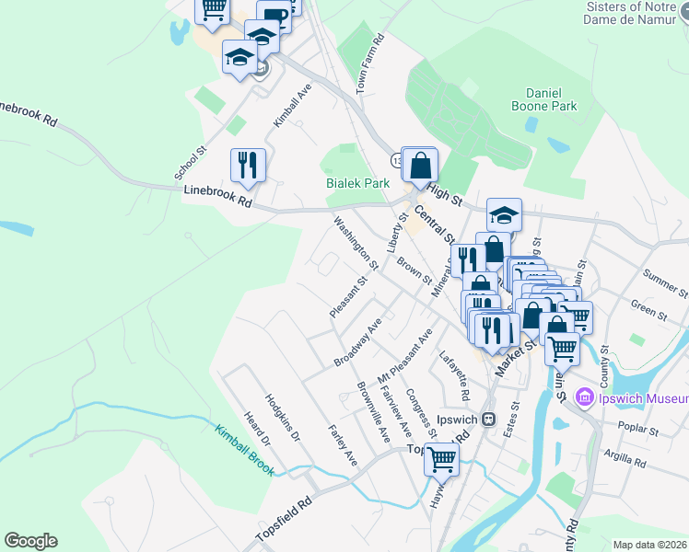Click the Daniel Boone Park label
[x=551, y=99]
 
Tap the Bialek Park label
[x=358, y=183]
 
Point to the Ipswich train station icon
[x=490, y=419]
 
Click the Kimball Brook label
[x=245, y=450]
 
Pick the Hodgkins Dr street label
[x=283, y=418]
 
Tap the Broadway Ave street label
[x=358, y=343]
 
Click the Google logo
[x=30, y=541]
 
